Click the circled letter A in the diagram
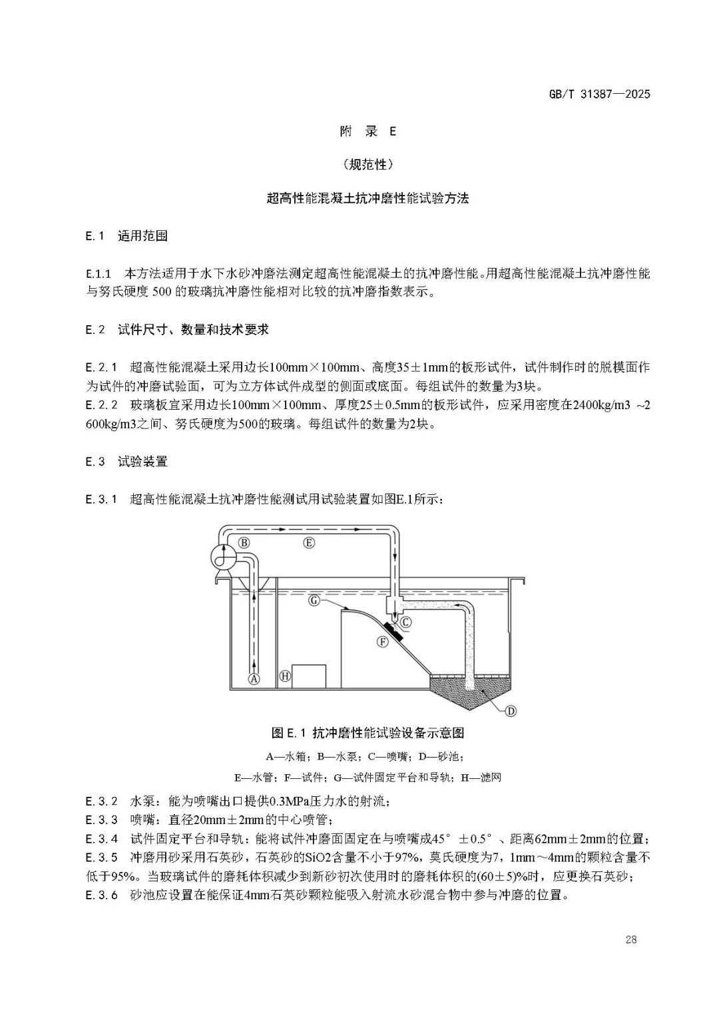(253, 679)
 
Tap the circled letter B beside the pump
(244, 543)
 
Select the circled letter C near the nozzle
(405, 623)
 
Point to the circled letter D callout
(511, 711)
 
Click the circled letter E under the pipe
(309, 543)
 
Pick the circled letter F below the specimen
(382, 642)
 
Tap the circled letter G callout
(316, 600)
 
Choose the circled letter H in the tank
(285, 676)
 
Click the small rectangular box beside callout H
(309, 676)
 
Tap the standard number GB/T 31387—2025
(597, 94)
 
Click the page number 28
(631, 940)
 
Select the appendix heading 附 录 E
(367, 132)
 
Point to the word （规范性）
(367, 164)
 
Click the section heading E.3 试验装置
(126, 462)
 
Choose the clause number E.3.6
(102, 895)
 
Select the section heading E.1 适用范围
(126, 236)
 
